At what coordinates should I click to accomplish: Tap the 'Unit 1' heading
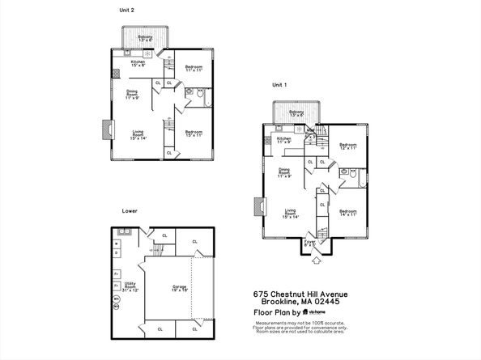click(x=279, y=84)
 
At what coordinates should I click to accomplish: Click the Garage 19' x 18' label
click(x=180, y=288)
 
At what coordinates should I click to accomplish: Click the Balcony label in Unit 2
click(x=145, y=38)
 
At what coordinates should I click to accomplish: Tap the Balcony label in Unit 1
click(x=296, y=113)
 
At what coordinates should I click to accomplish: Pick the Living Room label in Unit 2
click(x=137, y=135)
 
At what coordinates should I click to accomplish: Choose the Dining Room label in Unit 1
click(x=285, y=172)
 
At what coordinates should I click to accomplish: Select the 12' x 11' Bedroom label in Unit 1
click(x=347, y=147)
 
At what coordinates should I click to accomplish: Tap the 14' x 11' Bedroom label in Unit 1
click(x=349, y=212)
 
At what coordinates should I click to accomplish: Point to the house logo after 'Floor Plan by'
click(x=307, y=311)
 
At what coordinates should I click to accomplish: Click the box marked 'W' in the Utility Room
click(x=117, y=242)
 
